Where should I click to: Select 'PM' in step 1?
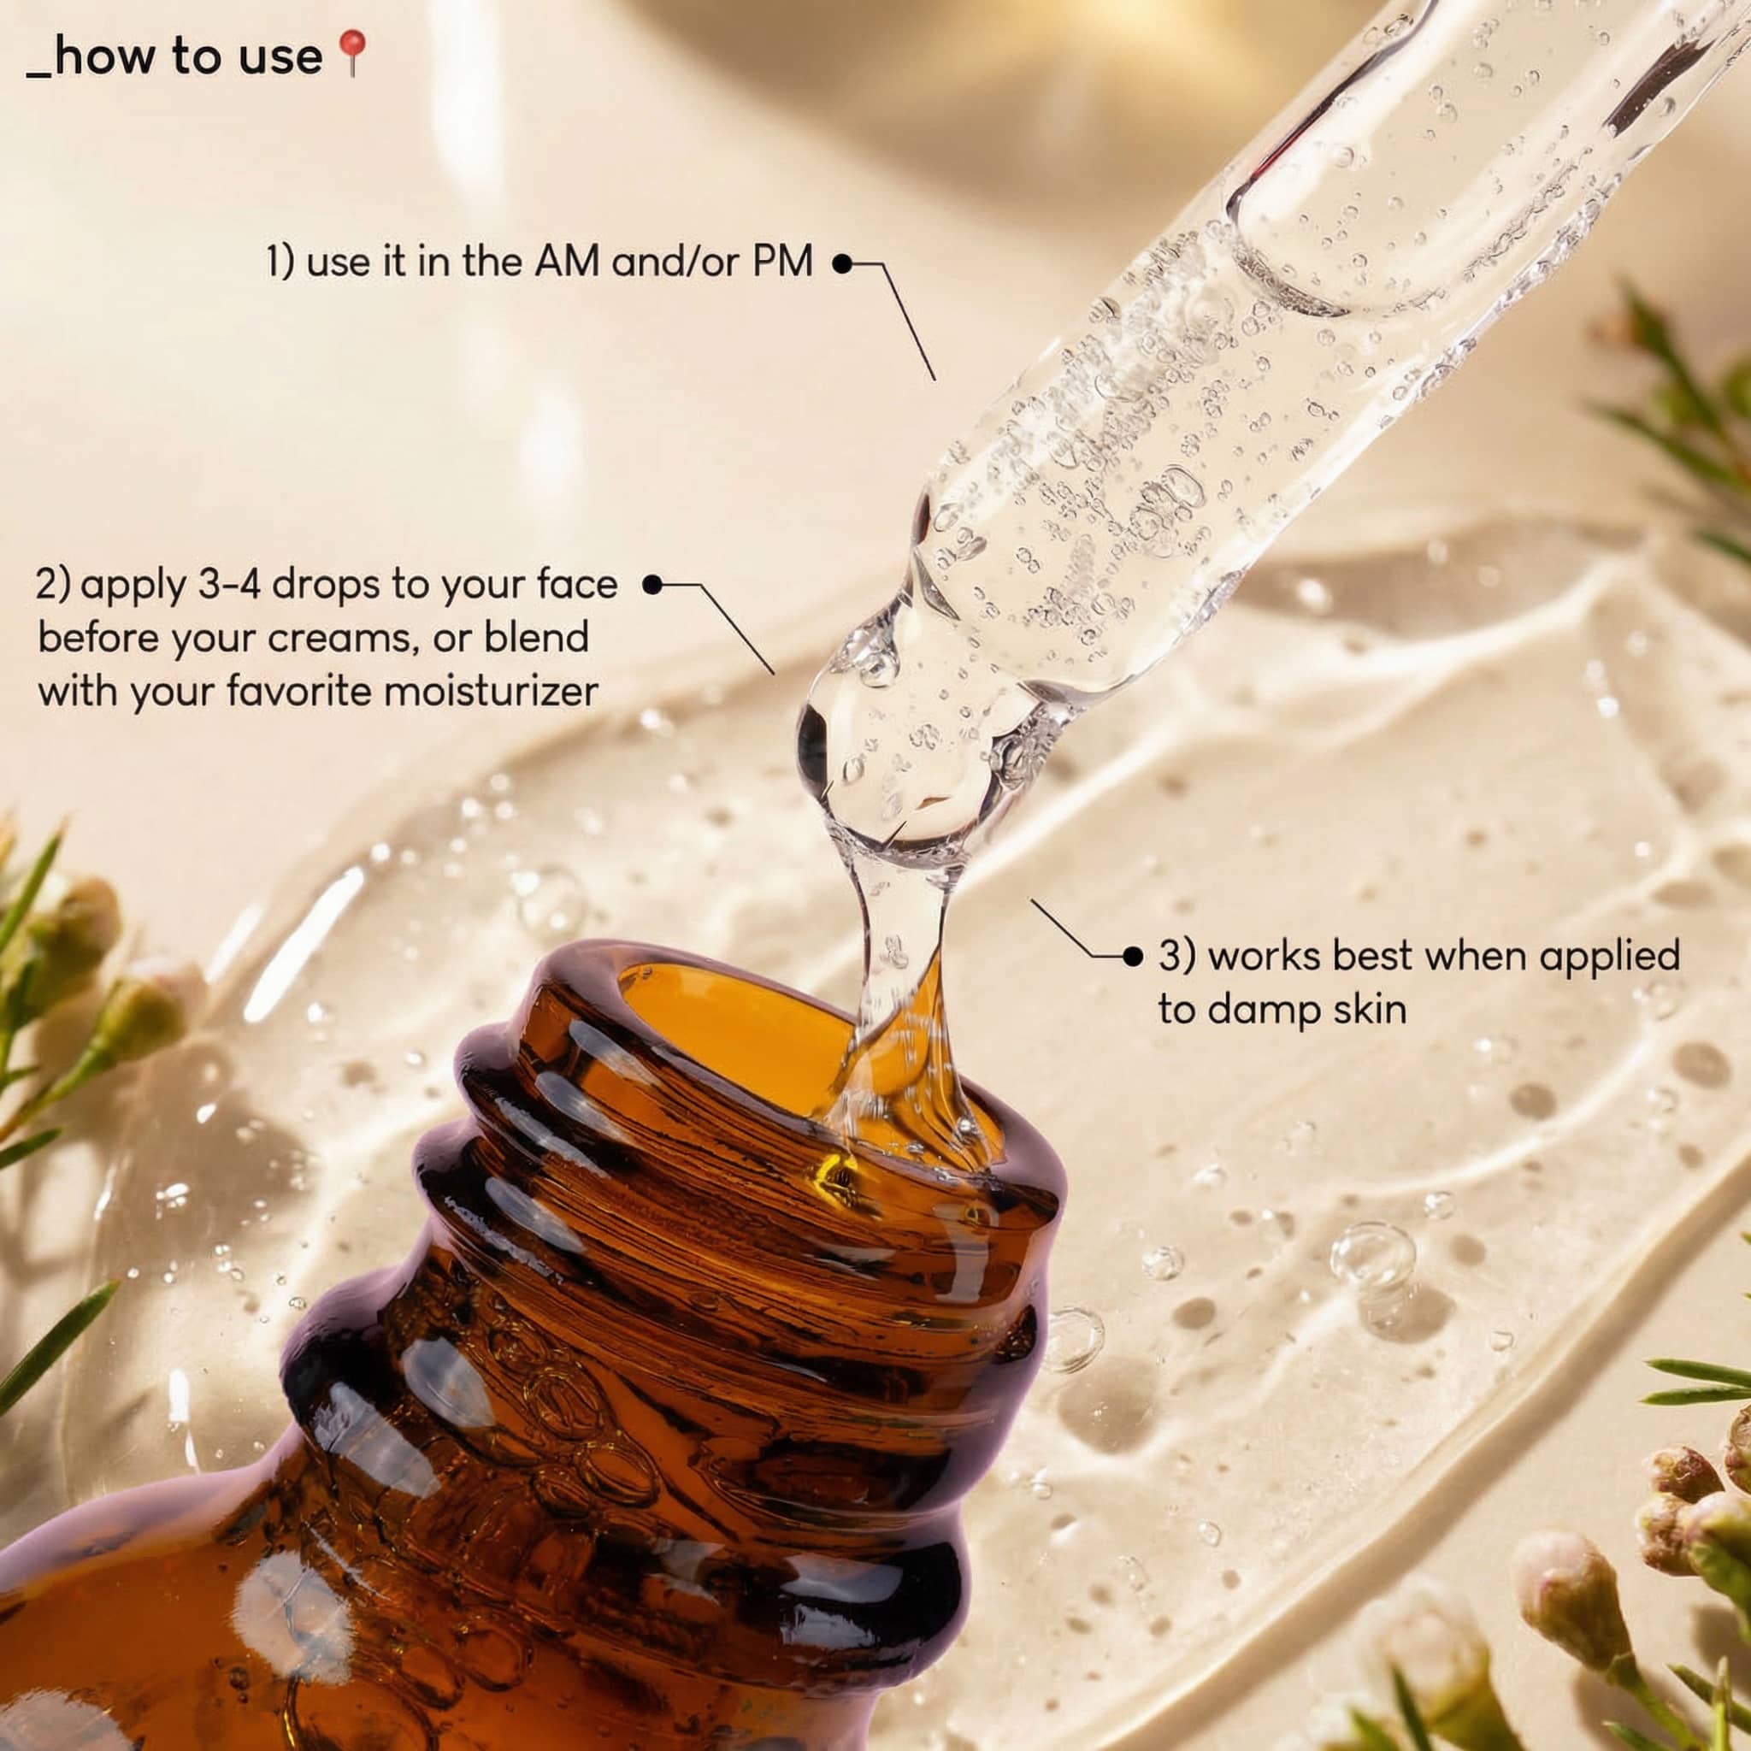pyautogui.click(x=783, y=262)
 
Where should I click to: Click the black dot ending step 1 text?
pyautogui.click(x=843, y=263)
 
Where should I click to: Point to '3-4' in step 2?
pyautogui.click(x=230, y=585)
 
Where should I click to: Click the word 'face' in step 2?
pyautogui.click(x=577, y=585)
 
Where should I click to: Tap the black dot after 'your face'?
pyautogui.click(x=651, y=585)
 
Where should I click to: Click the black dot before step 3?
pyautogui.click(x=1132, y=955)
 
